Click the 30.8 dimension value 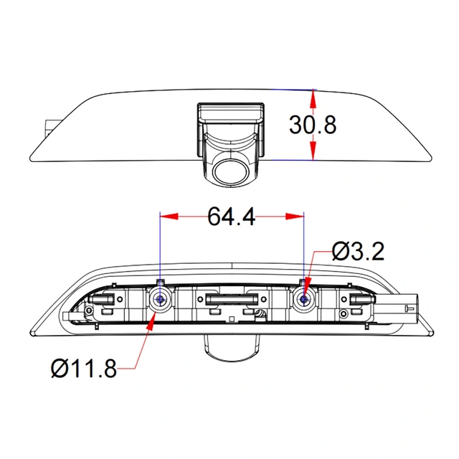(312, 125)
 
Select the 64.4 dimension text (232, 216)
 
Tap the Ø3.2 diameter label (359, 252)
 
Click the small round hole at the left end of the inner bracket (87, 311)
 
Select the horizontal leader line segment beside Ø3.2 (322, 252)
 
